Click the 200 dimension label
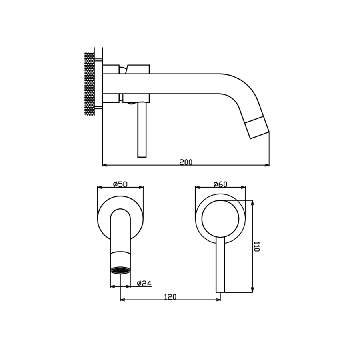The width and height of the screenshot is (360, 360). coord(186,162)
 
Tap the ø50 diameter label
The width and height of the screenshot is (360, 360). coord(120,184)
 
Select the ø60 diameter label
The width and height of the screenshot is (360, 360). coord(220,184)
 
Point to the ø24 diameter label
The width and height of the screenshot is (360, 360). coord(144,284)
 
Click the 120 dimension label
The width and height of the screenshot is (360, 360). coord(170,297)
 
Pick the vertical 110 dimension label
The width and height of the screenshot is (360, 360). coord(257,246)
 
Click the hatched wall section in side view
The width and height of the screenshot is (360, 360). coord(90,84)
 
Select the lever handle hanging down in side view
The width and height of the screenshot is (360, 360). coord(142,130)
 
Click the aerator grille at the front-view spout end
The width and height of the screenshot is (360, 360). coord(120,270)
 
